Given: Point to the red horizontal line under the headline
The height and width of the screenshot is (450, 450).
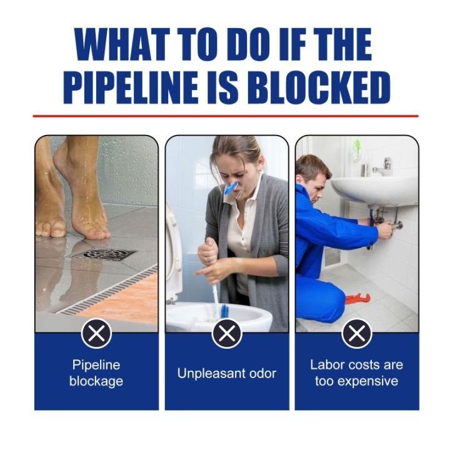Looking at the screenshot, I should coord(225,116).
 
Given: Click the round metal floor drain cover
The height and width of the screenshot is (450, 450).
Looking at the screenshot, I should coord(104,254).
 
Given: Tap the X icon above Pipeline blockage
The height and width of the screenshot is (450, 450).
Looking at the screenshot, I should coord(96,334).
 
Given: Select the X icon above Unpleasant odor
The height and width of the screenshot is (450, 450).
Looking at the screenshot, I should coord(227,334).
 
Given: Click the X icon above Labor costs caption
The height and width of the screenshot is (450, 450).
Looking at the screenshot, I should coord(357,334).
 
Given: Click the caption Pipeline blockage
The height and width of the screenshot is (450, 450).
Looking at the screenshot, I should coord(96,373).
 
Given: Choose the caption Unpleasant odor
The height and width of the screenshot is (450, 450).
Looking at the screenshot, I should coord(227,374).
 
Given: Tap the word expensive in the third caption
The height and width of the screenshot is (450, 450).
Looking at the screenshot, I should coord(357,381).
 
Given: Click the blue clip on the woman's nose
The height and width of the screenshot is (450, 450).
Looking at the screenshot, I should coord(231,187).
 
